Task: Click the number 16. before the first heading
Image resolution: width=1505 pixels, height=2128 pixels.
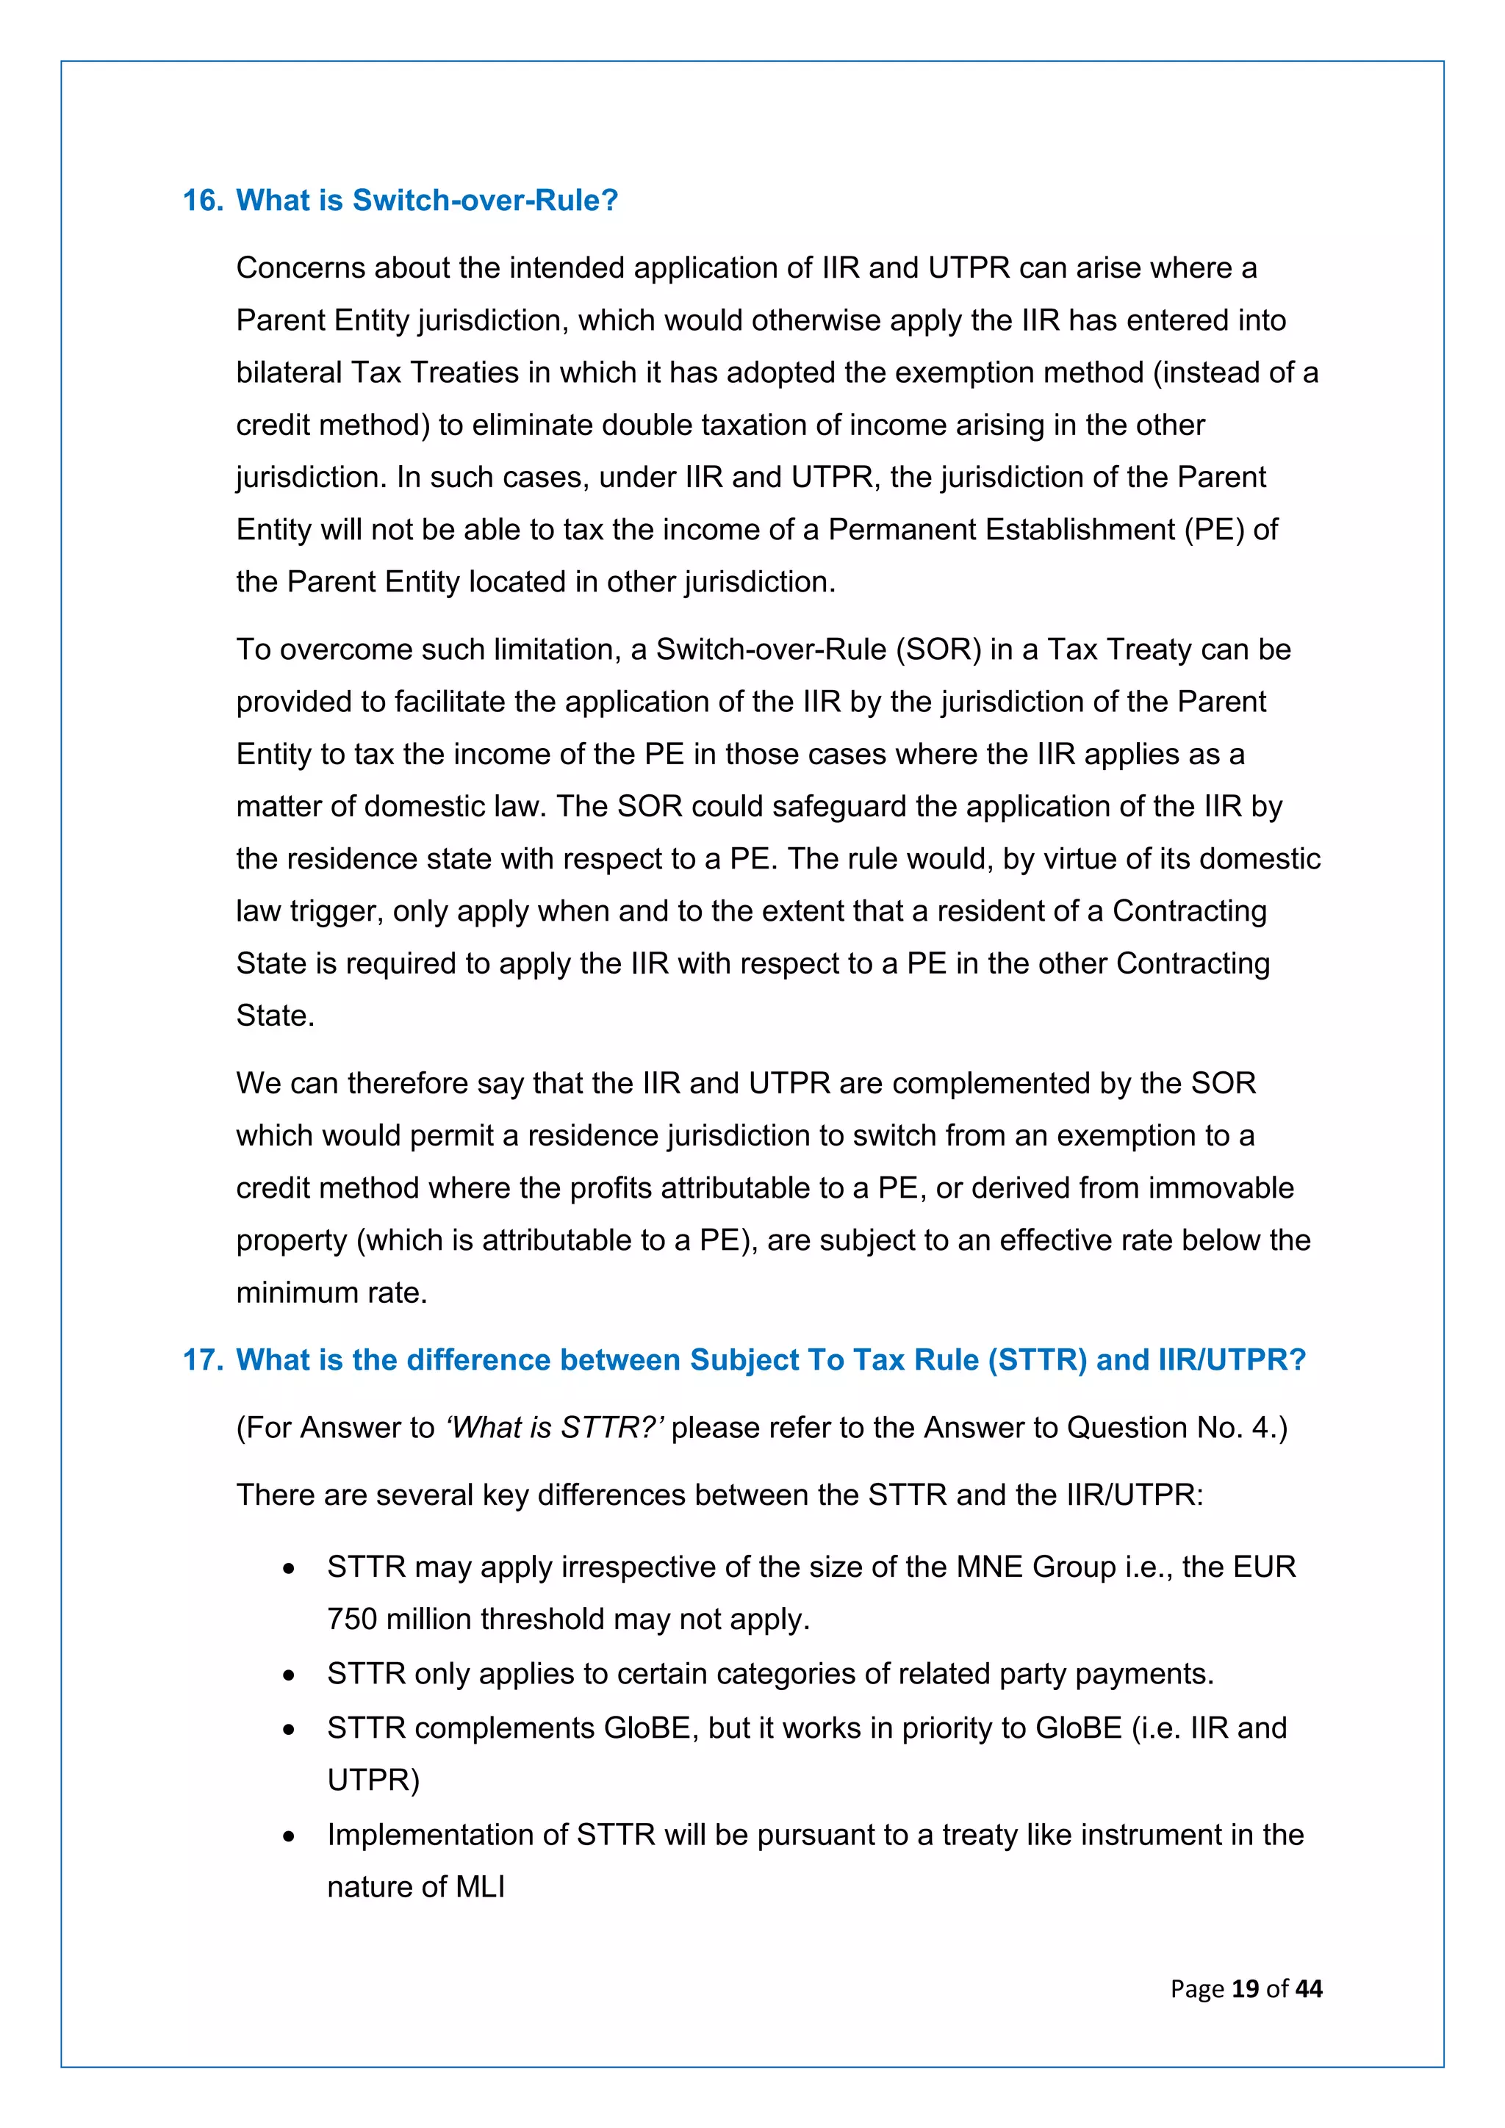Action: coord(202,200)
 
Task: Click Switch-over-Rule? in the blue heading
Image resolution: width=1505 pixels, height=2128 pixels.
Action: coord(485,200)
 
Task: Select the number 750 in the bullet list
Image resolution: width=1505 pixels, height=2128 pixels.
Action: coord(352,1620)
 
